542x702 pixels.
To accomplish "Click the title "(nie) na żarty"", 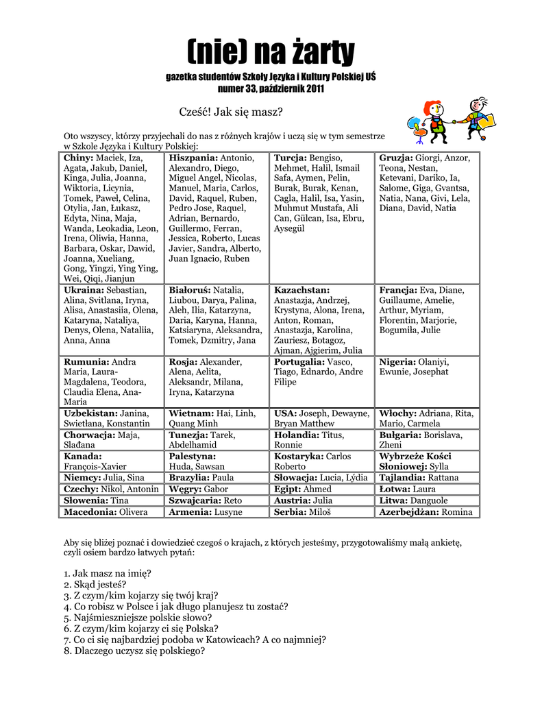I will [x=271, y=51].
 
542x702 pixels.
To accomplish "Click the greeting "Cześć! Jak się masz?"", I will [x=230, y=112].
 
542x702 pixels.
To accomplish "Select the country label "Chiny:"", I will [x=82, y=158].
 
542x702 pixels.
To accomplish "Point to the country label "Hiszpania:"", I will [x=193, y=158].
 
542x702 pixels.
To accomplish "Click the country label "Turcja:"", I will [x=291, y=158].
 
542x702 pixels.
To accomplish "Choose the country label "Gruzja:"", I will [x=396, y=158].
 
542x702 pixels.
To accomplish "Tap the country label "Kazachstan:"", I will [x=301, y=290].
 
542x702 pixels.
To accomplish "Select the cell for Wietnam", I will [x=217, y=418].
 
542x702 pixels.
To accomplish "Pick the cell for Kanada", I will [x=112, y=461].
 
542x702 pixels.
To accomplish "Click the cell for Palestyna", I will [x=217, y=461].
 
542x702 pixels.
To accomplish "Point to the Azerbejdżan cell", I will [x=428, y=512].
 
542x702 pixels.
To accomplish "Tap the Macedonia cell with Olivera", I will [x=112, y=512].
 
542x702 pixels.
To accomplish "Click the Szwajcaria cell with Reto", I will [x=217, y=500].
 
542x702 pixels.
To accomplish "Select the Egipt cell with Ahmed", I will [x=322, y=489].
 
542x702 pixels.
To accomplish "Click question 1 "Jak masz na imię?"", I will [x=108, y=573].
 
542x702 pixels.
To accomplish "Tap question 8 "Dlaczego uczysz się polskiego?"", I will [x=134, y=651].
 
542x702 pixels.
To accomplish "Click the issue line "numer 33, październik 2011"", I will [x=271, y=89].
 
